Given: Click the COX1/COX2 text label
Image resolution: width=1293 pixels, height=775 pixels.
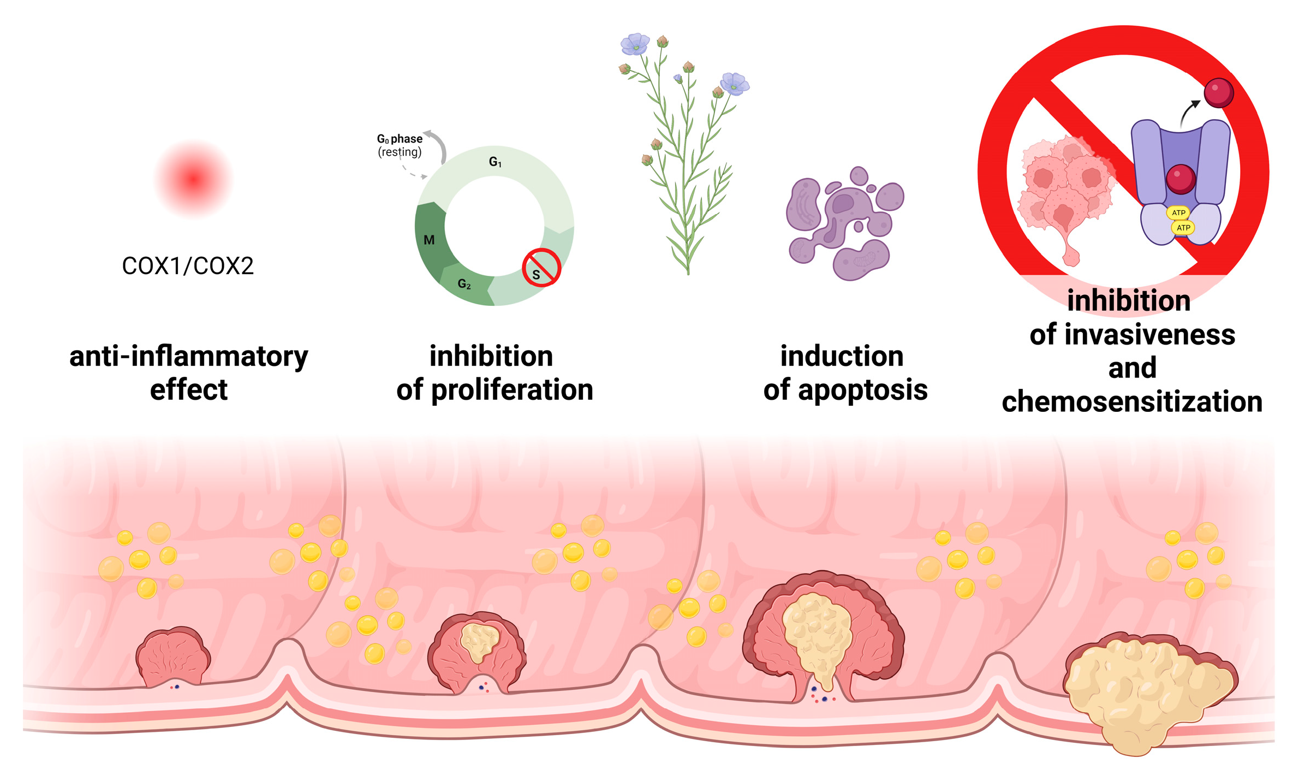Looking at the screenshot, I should coord(188,267).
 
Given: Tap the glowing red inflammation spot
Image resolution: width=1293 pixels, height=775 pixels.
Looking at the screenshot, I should coord(193,179).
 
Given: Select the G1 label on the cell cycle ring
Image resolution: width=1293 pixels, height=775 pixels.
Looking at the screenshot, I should coord(495,162).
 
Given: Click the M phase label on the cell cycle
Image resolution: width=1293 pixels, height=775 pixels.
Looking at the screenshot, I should coord(429,240).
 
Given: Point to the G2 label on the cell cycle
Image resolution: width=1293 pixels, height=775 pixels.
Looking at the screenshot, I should coord(464,284).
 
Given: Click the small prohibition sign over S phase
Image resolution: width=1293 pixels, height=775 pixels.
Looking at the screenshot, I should coord(541,268).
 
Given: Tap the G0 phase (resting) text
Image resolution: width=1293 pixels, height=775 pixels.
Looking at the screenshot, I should coord(400,145).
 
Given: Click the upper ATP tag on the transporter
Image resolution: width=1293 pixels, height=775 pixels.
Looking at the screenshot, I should coord(1178,212).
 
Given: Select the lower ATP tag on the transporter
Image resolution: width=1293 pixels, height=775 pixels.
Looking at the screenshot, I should coord(1183,228).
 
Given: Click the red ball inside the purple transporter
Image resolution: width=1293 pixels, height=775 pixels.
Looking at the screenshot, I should coord(1181,179).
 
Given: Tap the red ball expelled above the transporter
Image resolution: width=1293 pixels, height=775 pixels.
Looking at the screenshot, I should coord(1219,92).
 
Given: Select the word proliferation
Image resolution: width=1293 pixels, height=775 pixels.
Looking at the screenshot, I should coord(512,391).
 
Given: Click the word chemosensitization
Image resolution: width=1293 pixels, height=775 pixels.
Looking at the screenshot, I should coord(1132,402).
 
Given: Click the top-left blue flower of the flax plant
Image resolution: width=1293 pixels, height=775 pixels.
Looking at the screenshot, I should coord(635,44).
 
